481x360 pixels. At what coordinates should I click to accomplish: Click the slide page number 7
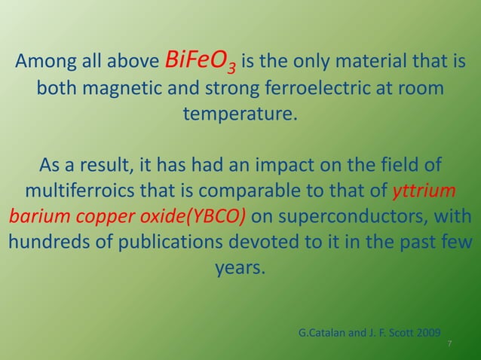tap(449, 344)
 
